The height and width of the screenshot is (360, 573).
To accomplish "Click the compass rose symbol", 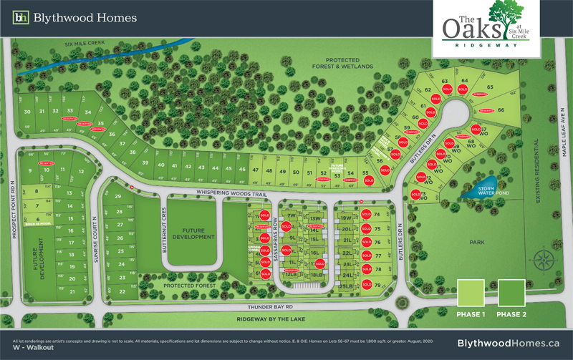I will (x=543, y=258).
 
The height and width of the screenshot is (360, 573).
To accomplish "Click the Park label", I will (x=477, y=243).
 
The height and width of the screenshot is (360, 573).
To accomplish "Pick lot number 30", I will (x=27, y=112).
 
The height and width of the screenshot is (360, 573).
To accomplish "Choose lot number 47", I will (x=256, y=170).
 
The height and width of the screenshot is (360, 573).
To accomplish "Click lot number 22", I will (x=122, y=291).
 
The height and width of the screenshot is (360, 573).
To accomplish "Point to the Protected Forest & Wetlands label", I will (x=349, y=63).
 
